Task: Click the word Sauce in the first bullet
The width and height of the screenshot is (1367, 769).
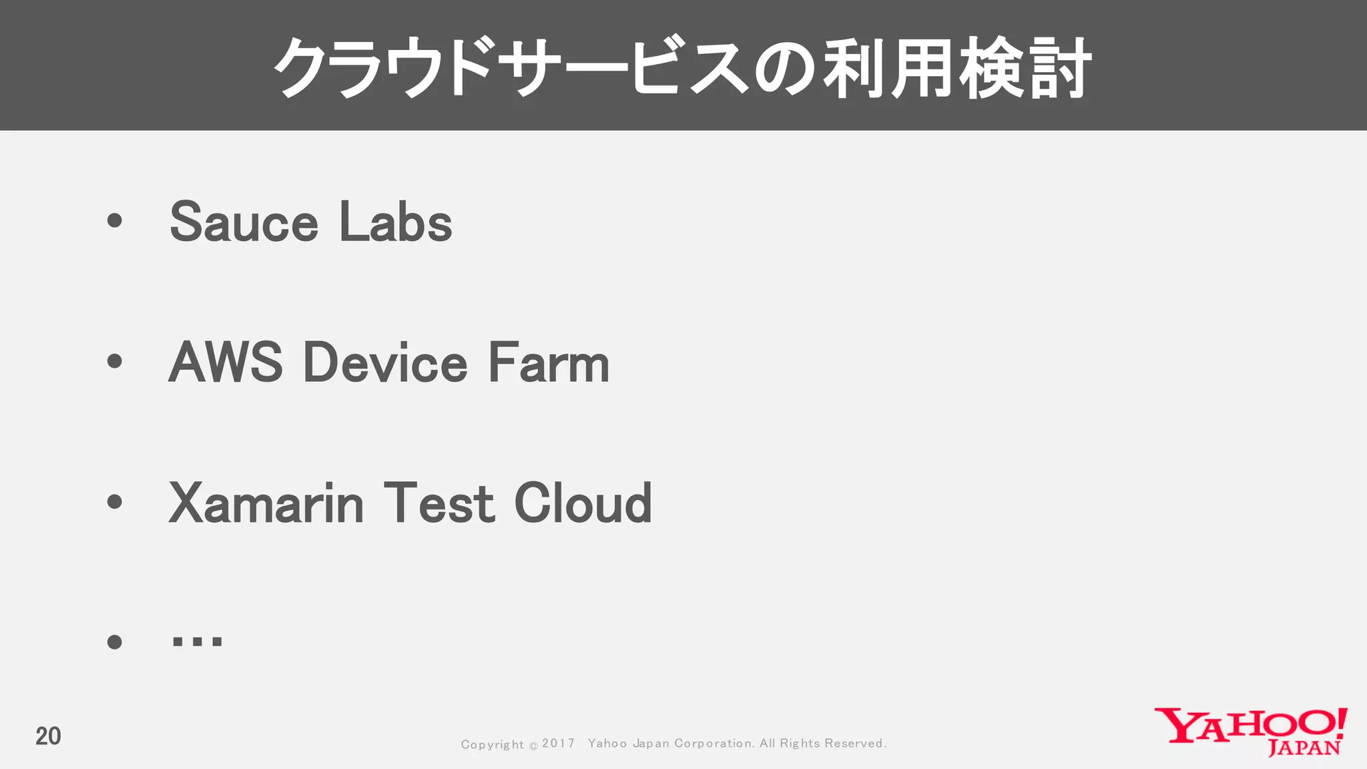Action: pyautogui.click(x=244, y=222)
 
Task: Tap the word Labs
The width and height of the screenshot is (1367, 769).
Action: pyautogui.click(x=396, y=222)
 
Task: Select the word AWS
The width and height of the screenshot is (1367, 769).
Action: pyautogui.click(x=226, y=362)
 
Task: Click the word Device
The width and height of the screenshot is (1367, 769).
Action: pyautogui.click(x=386, y=362)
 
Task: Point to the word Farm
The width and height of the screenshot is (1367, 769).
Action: pyautogui.click(x=549, y=362)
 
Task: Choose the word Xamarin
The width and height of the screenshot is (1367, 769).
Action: pyautogui.click(x=266, y=503)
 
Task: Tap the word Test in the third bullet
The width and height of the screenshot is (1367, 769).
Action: pyautogui.click(x=439, y=503)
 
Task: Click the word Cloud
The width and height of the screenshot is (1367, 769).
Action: pyautogui.click(x=583, y=503)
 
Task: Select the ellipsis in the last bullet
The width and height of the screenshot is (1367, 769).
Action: pyautogui.click(x=197, y=642)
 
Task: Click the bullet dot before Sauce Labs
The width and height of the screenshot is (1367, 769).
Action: pyautogui.click(x=115, y=221)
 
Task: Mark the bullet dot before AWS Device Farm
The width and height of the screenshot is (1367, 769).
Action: pyautogui.click(x=115, y=361)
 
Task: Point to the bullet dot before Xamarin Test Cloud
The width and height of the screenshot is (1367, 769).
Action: pyautogui.click(x=115, y=501)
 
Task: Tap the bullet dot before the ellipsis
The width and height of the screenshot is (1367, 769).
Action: pyautogui.click(x=115, y=642)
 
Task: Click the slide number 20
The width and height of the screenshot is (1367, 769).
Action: pyautogui.click(x=48, y=736)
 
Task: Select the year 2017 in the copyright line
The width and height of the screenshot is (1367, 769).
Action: pyautogui.click(x=558, y=744)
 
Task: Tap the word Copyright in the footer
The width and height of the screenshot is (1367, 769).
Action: pyautogui.click(x=493, y=744)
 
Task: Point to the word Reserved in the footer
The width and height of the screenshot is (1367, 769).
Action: pyautogui.click(x=855, y=744)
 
